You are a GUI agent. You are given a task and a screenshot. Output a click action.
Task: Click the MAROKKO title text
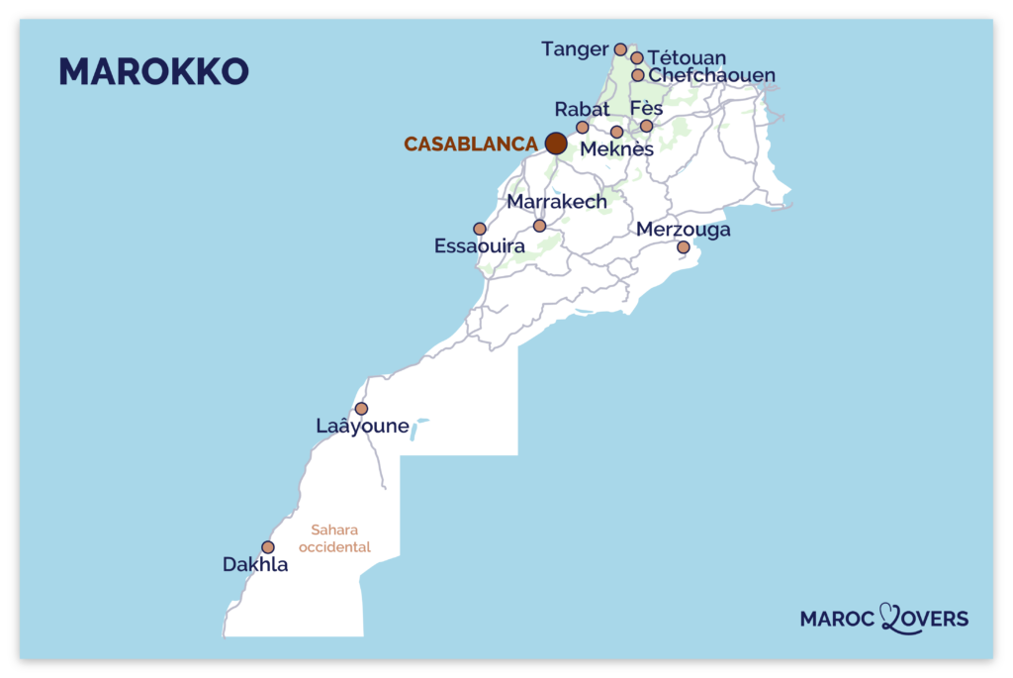pyautogui.click(x=153, y=71)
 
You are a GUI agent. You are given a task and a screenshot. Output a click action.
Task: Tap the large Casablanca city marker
pyautogui.click(x=556, y=144)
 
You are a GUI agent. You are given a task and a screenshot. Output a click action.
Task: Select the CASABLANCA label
pyautogui.click(x=471, y=145)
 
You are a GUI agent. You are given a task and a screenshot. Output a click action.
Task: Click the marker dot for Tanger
pyautogui.click(x=620, y=49)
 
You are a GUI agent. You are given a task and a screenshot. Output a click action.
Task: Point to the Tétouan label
pyautogui.click(x=687, y=58)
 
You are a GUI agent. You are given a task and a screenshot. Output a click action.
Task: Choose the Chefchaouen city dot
pyautogui.click(x=638, y=75)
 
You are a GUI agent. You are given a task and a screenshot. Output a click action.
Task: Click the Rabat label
pyautogui.click(x=582, y=109)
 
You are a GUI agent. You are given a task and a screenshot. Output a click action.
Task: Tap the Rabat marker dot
pyautogui.click(x=583, y=127)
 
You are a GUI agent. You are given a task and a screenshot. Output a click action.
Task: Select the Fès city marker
pyautogui.click(x=647, y=126)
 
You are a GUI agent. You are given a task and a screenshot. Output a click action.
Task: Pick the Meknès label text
pyautogui.click(x=617, y=149)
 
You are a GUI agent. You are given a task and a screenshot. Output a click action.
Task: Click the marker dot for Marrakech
pyautogui.click(x=539, y=226)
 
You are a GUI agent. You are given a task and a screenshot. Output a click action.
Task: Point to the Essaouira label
pyautogui.click(x=480, y=246)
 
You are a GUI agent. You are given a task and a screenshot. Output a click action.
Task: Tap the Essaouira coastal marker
pyautogui.click(x=480, y=229)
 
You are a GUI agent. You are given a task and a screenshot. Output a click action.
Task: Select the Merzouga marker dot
pyautogui.click(x=683, y=247)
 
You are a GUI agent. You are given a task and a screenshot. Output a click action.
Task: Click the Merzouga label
pyautogui.click(x=684, y=230)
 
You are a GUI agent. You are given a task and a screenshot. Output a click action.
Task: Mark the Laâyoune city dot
pyautogui.click(x=361, y=409)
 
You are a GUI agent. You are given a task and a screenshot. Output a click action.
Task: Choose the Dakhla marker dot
pyautogui.click(x=268, y=547)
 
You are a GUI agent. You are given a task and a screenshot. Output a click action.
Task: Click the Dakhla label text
pyautogui.click(x=255, y=566)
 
